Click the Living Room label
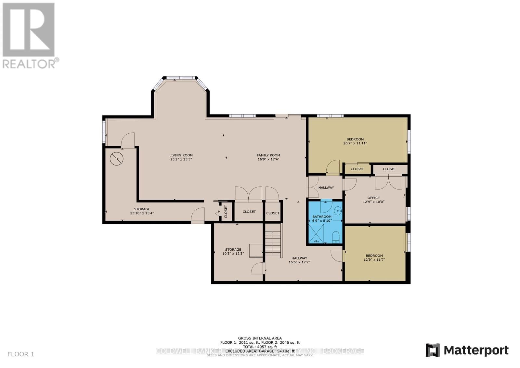(x=181, y=155)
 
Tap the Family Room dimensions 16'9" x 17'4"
(x=268, y=159)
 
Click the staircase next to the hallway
(x=272, y=244)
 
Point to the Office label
(x=373, y=198)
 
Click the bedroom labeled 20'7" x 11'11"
(x=355, y=141)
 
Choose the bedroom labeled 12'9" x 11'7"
(x=374, y=257)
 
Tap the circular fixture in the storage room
(x=116, y=159)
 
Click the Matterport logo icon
(x=433, y=350)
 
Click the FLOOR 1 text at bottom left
(x=21, y=354)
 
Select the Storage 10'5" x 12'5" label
(x=233, y=252)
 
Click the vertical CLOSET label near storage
(x=226, y=212)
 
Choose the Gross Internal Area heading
(x=260, y=338)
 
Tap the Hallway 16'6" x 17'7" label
(x=299, y=260)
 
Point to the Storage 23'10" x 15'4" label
(x=142, y=211)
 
